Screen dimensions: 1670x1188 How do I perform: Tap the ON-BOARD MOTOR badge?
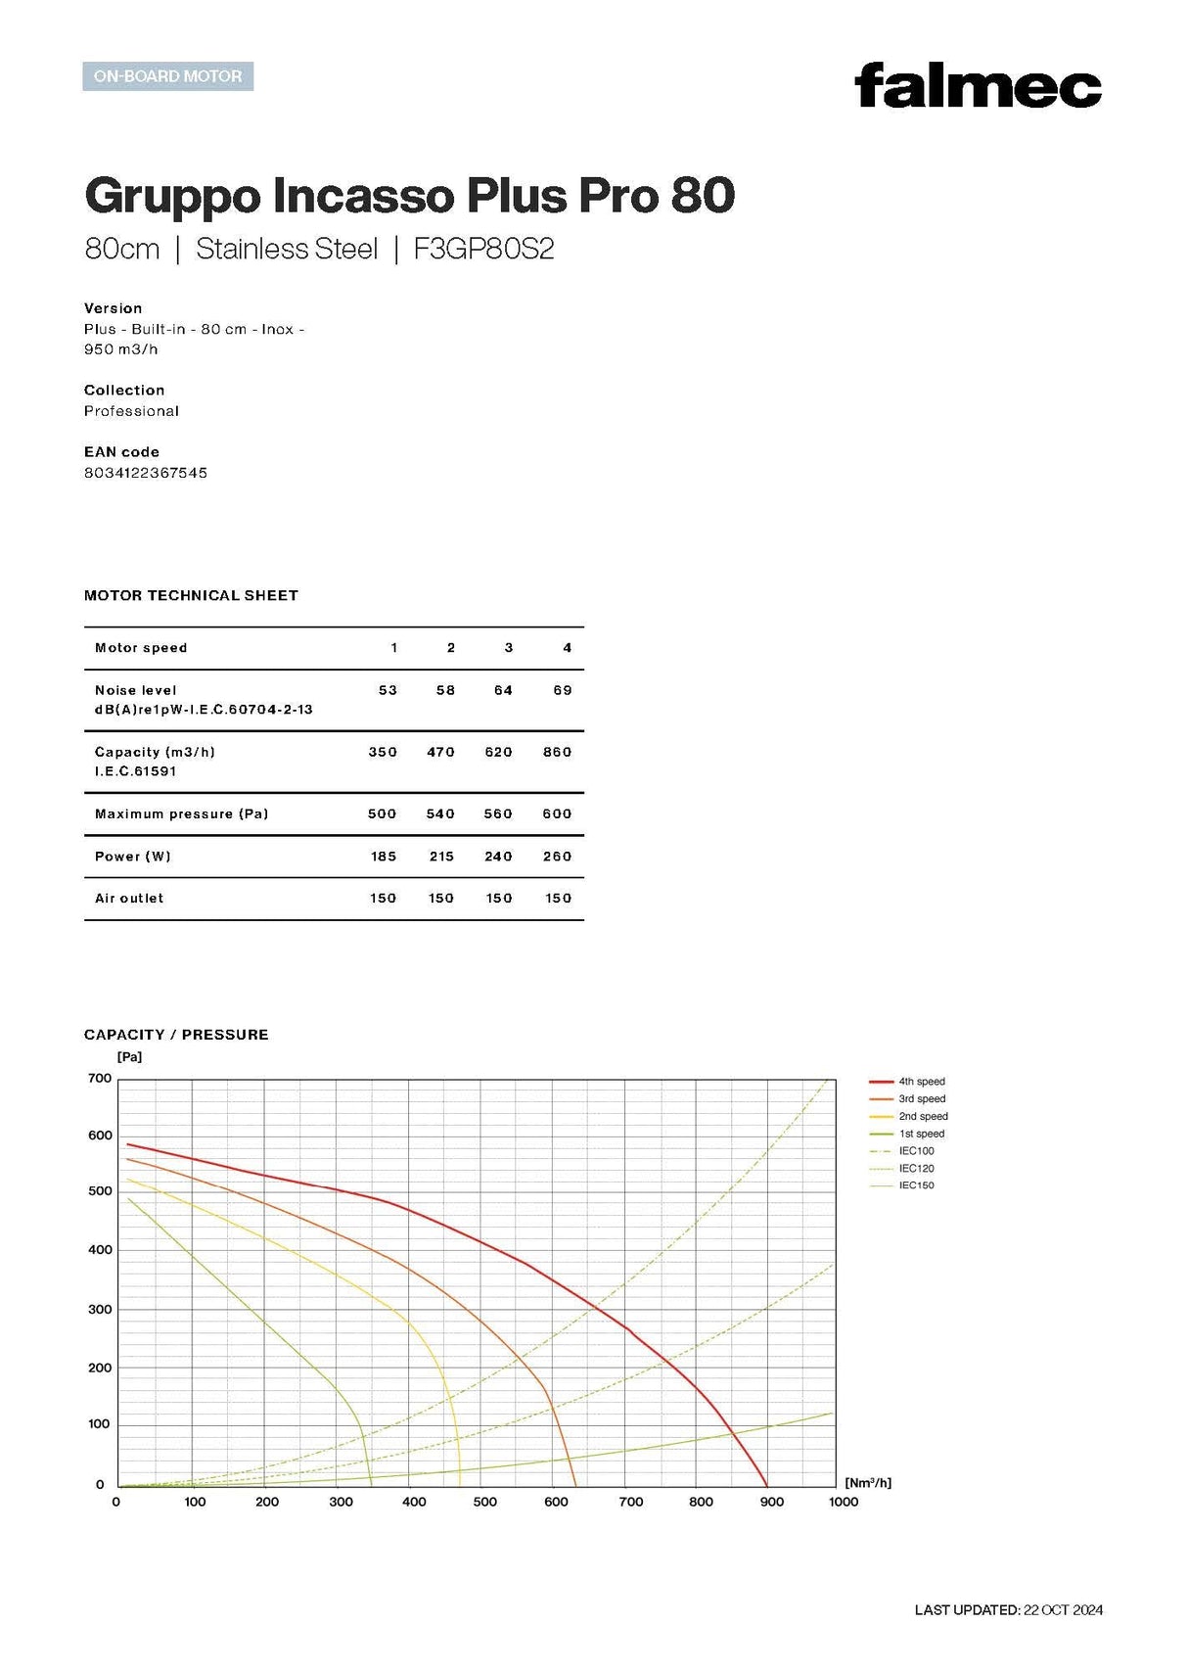point(167,76)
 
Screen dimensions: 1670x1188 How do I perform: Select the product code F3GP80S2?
point(483,249)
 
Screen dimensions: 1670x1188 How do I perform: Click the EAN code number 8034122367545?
point(146,473)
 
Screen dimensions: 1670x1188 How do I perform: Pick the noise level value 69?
point(563,690)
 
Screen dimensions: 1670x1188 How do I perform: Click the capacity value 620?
point(498,752)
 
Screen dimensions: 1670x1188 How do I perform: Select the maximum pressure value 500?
point(382,813)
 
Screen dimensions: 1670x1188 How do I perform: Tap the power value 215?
point(441,857)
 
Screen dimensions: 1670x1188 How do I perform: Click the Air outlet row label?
point(129,898)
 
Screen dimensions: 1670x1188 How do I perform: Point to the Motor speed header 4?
point(567,648)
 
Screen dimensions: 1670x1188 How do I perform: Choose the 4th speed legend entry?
point(921,1082)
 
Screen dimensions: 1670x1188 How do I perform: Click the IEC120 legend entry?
point(916,1168)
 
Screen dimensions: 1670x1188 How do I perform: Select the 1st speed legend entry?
point(921,1134)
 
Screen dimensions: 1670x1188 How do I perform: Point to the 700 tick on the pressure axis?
point(100,1079)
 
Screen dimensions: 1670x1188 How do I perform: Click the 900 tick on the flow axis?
point(772,1502)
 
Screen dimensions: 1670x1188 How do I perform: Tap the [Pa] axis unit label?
point(129,1057)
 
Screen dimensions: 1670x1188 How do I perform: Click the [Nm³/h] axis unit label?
point(868,1483)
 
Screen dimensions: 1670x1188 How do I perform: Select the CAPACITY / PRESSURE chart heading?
point(176,1035)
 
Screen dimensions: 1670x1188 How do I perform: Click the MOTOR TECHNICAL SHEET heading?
point(191,595)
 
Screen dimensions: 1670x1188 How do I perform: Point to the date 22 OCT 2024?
point(1063,1610)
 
